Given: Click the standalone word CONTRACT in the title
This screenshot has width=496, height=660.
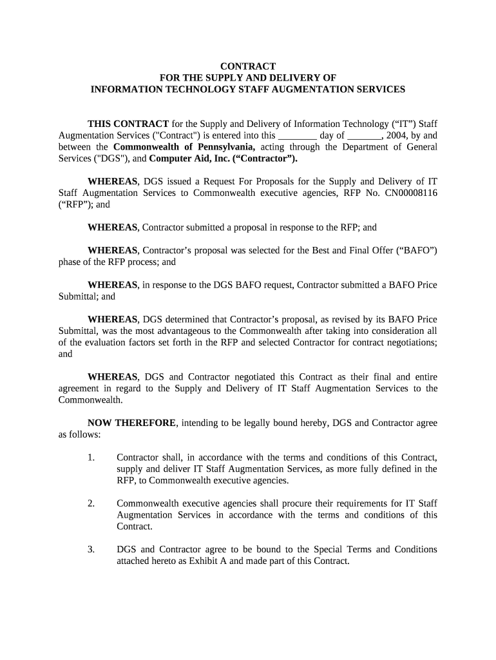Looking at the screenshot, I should (248, 66).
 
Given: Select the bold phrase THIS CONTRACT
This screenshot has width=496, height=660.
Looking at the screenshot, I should (128, 124).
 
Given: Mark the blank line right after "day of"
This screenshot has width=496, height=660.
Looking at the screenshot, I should (365, 135).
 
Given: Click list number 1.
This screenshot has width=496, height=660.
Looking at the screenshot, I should (91, 458).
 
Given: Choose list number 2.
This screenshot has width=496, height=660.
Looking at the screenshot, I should (91, 503).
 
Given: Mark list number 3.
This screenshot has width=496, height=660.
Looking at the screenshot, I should (91, 549).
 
